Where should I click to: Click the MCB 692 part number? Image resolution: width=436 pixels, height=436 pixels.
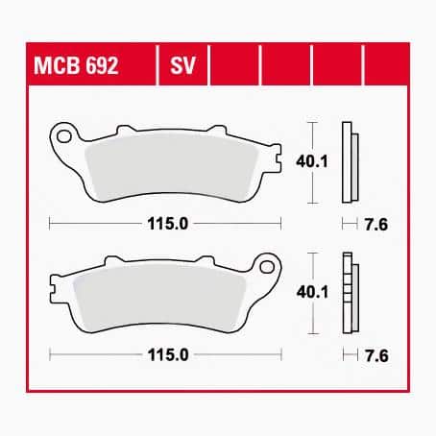(76, 65)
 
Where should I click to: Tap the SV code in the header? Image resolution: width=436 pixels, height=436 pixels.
(182, 65)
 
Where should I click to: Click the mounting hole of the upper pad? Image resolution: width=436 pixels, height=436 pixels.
(64, 136)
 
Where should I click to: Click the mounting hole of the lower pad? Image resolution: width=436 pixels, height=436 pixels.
(267, 267)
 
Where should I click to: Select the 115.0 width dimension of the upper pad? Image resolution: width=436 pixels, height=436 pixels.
(167, 224)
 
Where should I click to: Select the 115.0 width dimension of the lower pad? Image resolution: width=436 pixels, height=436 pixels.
(168, 354)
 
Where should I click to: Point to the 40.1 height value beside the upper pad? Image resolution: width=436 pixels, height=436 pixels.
(312, 161)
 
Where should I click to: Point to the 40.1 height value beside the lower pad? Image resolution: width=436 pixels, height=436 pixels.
(312, 292)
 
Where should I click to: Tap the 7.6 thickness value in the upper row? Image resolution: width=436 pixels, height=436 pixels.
(376, 225)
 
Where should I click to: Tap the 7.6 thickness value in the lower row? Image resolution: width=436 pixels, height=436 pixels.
(376, 355)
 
